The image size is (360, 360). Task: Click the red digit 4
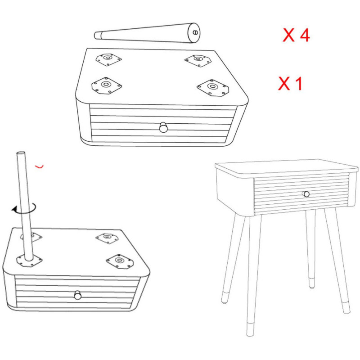click(x=305, y=36)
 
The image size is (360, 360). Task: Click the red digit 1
click(x=298, y=84)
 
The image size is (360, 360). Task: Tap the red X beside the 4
click(x=288, y=36)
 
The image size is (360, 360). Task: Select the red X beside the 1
click(x=284, y=84)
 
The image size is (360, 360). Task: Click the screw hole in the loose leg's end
click(x=195, y=32)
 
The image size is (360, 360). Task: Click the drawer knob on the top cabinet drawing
click(x=163, y=127)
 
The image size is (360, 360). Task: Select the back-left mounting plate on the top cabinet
click(x=108, y=59)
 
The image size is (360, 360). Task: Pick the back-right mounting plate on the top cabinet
click(x=198, y=60)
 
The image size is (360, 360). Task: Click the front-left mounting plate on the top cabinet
click(x=107, y=85)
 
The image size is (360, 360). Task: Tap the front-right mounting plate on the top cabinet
click(x=213, y=87)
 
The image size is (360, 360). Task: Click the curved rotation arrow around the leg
click(x=24, y=209)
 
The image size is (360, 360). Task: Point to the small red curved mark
click(x=39, y=166)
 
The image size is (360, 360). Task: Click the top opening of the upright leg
click(x=21, y=153)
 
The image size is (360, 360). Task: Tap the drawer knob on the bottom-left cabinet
click(x=78, y=295)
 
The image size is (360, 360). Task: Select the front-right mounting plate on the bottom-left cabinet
click(x=120, y=261)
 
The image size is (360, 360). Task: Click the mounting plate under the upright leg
click(x=29, y=261)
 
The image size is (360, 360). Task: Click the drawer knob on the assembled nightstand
click(x=306, y=194)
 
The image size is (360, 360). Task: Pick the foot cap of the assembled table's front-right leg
click(x=346, y=308)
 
